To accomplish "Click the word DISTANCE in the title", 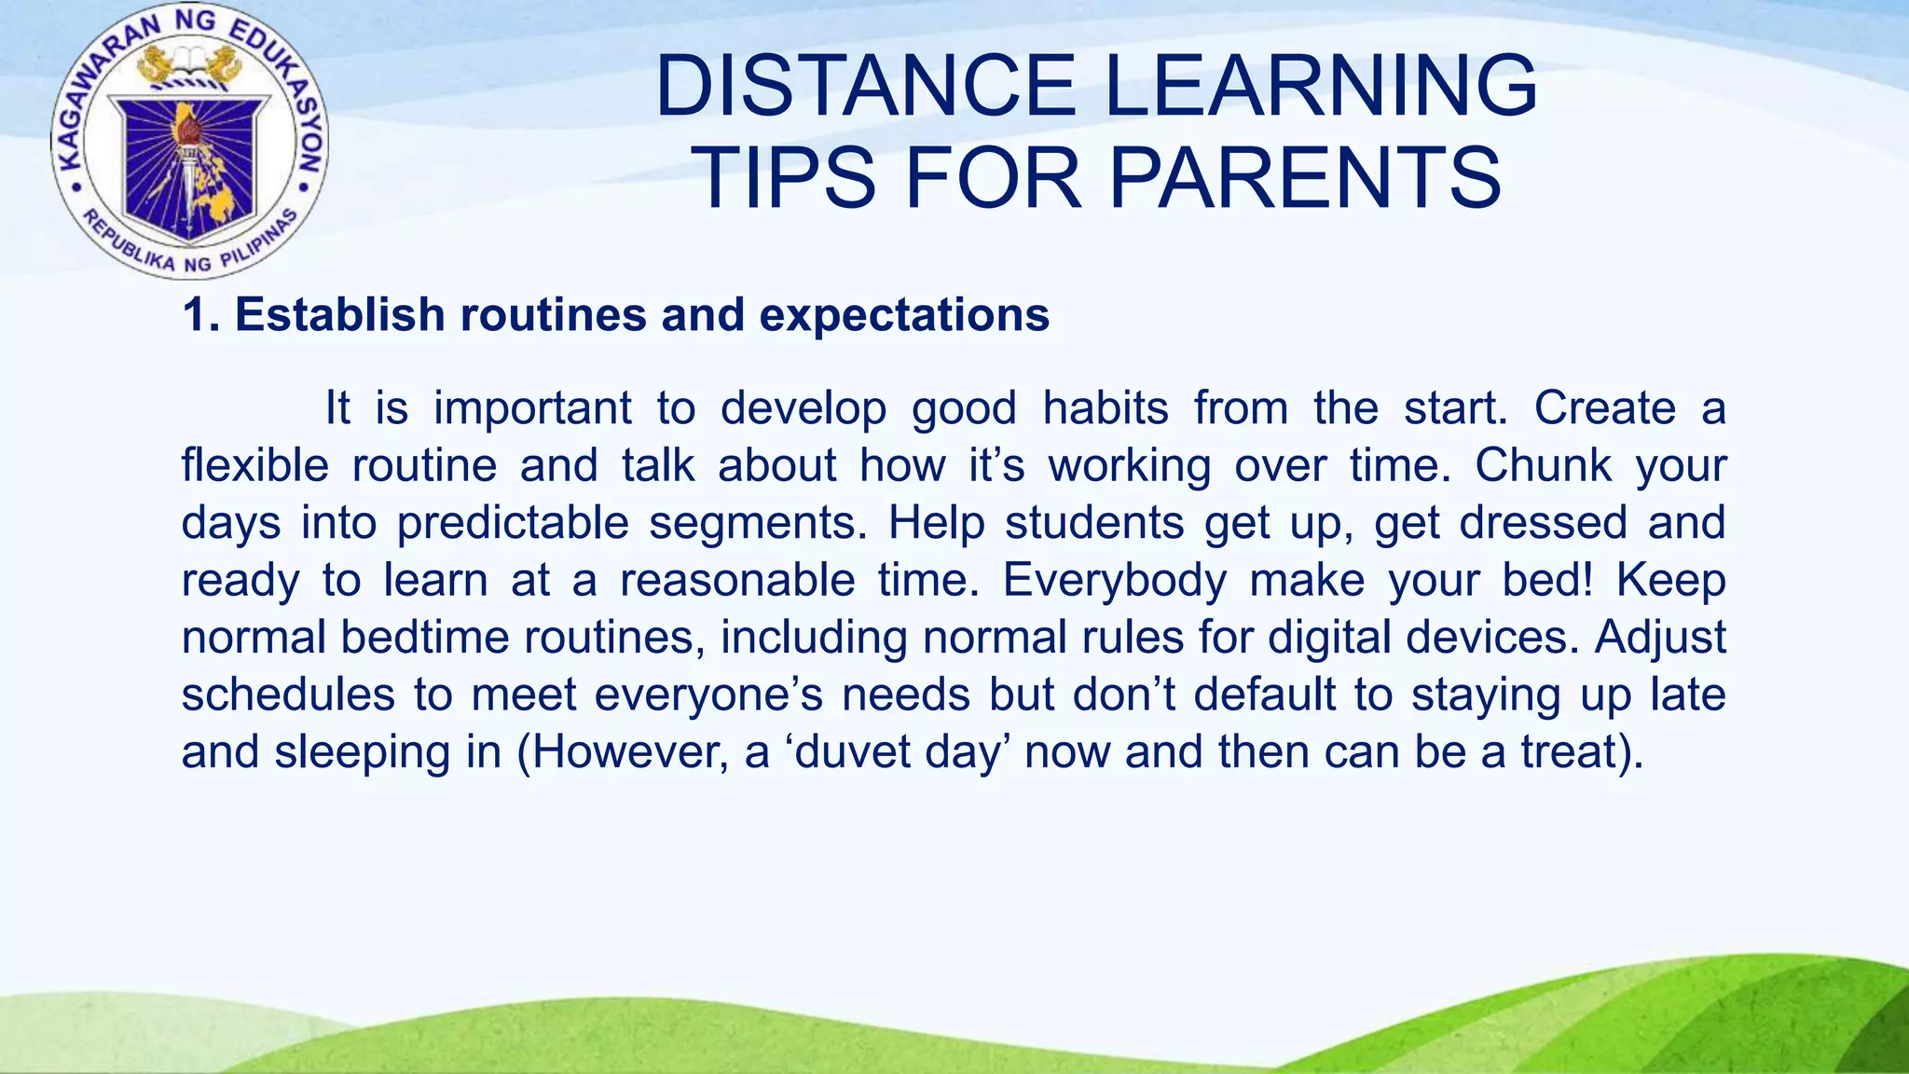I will coord(866,86).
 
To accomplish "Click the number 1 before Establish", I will coord(194,315).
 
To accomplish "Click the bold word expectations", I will coord(904,315).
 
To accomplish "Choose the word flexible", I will coord(254,465).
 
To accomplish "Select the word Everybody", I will coord(1115,580).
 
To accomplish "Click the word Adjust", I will coord(1660,638).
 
